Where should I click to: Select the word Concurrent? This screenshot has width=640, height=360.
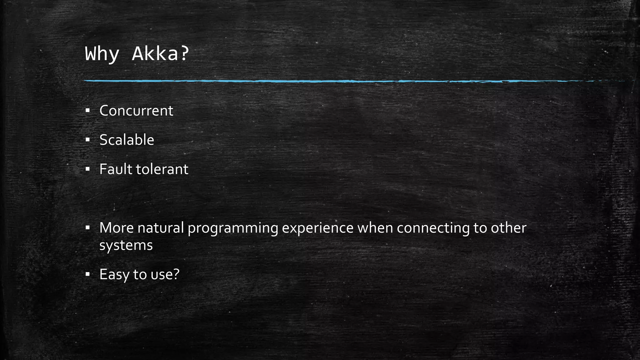click(136, 111)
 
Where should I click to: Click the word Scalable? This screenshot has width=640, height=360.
click(127, 140)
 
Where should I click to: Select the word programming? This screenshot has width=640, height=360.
click(233, 228)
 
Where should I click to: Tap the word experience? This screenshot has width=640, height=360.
click(317, 228)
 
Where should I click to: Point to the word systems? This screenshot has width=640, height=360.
click(126, 245)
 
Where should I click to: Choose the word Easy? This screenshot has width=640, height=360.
click(114, 275)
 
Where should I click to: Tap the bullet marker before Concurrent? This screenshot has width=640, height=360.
click(87, 110)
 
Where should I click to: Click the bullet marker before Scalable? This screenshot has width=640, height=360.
click(87, 140)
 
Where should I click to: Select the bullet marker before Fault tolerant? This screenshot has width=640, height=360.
click(87, 169)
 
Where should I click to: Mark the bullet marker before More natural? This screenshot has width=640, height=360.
click(87, 227)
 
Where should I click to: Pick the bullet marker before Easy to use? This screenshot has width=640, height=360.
click(87, 274)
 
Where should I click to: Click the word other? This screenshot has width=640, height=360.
click(508, 228)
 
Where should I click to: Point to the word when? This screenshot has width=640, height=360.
click(375, 228)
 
